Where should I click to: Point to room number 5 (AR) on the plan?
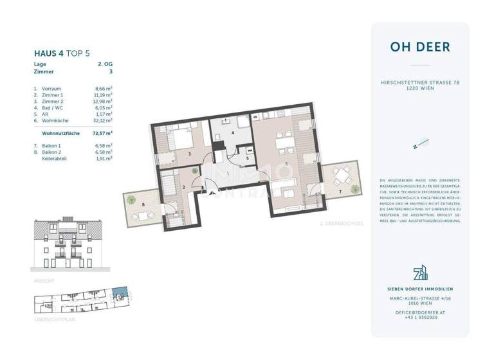tap(246, 157)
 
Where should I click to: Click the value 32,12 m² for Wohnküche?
tap(103, 120)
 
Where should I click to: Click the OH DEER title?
tap(419, 47)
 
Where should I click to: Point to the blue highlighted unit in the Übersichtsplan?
tap(118, 293)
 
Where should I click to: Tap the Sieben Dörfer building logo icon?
tap(419, 274)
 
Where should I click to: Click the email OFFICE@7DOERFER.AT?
tap(419, 311)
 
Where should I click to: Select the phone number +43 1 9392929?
tap(419, 317)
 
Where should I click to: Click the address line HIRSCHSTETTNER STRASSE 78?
tap(419, 82)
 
